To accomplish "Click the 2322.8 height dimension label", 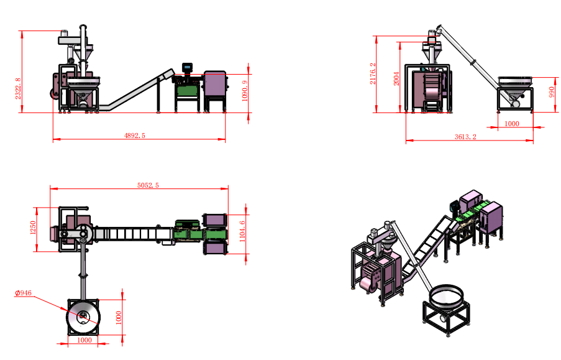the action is pyautogui.click(x=18, y=88).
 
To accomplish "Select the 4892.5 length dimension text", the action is pyautogui.click(x=135, y=136).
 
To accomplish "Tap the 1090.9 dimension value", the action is pyautogui.click(x=245, y=91).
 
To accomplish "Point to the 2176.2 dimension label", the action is pyautogui.click(x=373, y=74).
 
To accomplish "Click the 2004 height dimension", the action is pyautogui.click(x=396, y=79).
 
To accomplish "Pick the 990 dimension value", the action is pyautogui.click(x=552, y=92).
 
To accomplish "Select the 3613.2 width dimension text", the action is pyautogui.click(x=465, y=137).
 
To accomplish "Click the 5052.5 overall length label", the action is pyautogui.click(x=148, y=185).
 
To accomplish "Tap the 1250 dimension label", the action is pyautogui.click(x=33, y=228).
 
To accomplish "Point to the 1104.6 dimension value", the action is pyautogui.click(x=242, y=231).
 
